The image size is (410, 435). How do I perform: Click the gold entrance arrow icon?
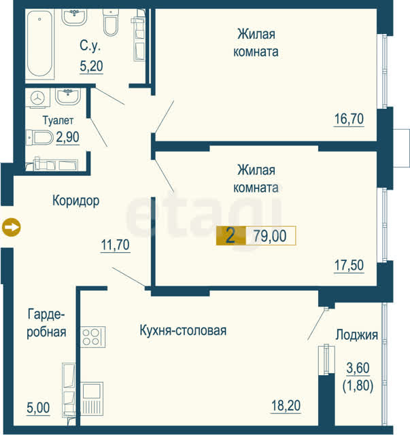coord(11,227)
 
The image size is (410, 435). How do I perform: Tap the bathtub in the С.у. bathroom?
coord(40,43)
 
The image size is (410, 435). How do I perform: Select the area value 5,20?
coord(91,66)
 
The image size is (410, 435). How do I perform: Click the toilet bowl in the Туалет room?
coord(39,137)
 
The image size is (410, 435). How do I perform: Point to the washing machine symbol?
coord(38,98)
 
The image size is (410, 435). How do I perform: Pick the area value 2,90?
coord(67,137)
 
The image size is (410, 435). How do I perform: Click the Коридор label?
coord(75,201)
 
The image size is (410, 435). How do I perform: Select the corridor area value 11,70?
coord(115,245)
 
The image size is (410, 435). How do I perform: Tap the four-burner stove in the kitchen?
coord(93,337)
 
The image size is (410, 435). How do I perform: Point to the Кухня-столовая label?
coord(183,330)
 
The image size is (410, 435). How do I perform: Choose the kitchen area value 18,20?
coord(286,406)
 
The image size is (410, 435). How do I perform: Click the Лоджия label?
coord(357,335)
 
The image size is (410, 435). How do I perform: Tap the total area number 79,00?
coord(270,236)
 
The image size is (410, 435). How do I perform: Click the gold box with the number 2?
coord(231,236)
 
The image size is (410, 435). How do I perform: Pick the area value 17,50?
coord(349,265)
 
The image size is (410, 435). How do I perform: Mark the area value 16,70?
coord(349,119)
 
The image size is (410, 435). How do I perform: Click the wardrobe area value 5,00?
coord(38,408)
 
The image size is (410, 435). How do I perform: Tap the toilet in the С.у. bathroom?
coord(111,22)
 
